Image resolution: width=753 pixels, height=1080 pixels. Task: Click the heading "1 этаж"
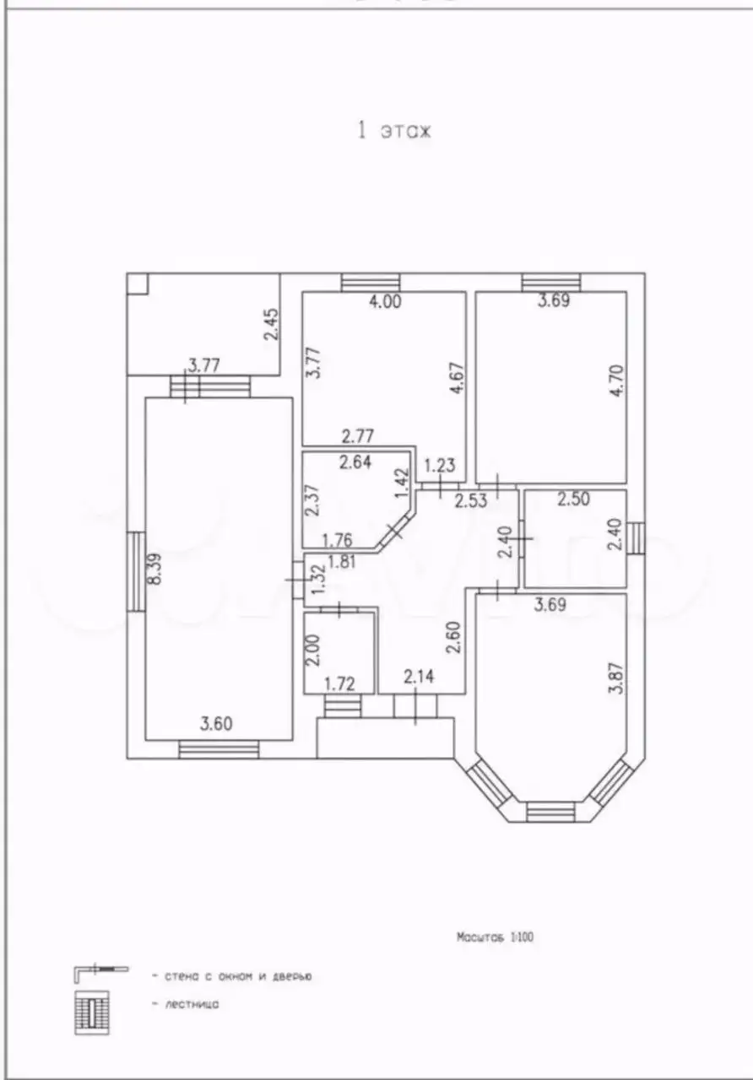(x=393, y=131)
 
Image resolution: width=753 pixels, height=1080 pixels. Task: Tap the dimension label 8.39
(x=155, y=569)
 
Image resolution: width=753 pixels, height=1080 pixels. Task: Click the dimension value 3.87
(x=616, y=678)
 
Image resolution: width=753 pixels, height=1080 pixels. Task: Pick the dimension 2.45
(x=272, y=325)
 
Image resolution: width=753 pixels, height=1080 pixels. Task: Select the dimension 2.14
(x=419, y=677)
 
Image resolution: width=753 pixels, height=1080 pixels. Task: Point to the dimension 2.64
(x=355, y=462)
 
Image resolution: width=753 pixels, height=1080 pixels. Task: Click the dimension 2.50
(x=573, y=499)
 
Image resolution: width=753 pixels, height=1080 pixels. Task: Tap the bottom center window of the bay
(x=551, y=812)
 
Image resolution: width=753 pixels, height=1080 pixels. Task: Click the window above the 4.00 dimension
(x=371, y=283)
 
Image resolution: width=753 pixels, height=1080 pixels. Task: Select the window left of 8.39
(x=136, y=572)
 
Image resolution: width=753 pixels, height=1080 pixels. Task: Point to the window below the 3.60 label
(x=219, y=750)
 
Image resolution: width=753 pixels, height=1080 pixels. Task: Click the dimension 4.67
(x=458, y=379)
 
